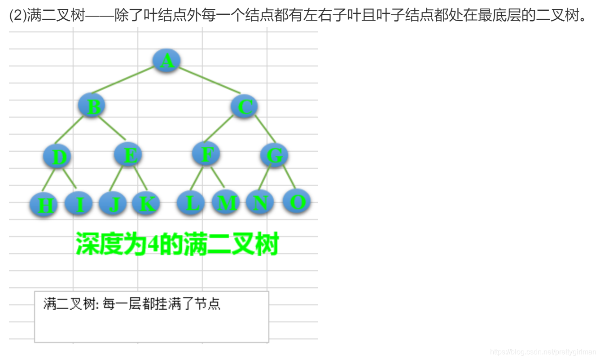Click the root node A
coord(166,61)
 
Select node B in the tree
coord(92,106)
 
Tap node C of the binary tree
coord(244,106)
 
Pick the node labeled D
coord(57,157)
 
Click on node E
coord(128,155)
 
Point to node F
coord(206,154)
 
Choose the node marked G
coord(274,155)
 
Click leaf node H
coord(44,205)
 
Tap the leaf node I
coord(79,203)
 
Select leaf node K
coord(146,203)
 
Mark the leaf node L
coord(191,203)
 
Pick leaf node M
coord(225,202)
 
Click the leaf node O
coord(297,201)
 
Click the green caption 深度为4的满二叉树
coord(177,244)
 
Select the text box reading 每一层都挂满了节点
coord(152,316)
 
